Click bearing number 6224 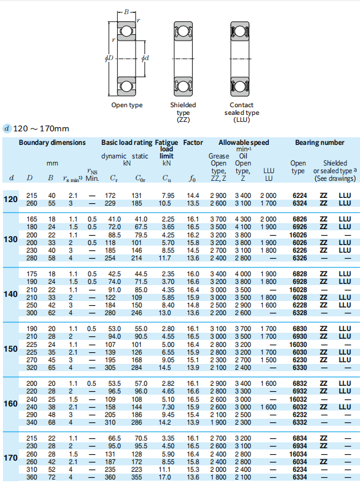click(298, 195)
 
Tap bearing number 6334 click(298, 477)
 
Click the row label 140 click(11, 293)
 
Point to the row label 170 click(11, 458)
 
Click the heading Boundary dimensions click(52, 143)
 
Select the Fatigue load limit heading click(167, 149)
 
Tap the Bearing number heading click(319, 143)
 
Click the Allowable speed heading click(243, 143)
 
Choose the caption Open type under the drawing click(127, 105)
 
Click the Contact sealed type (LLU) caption click(242, 112)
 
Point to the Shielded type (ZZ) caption click(183, 112)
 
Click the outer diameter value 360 click(31, 477)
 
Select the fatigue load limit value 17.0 click(167, 477)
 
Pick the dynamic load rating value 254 click(110, 257)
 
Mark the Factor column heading click(193, 143)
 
